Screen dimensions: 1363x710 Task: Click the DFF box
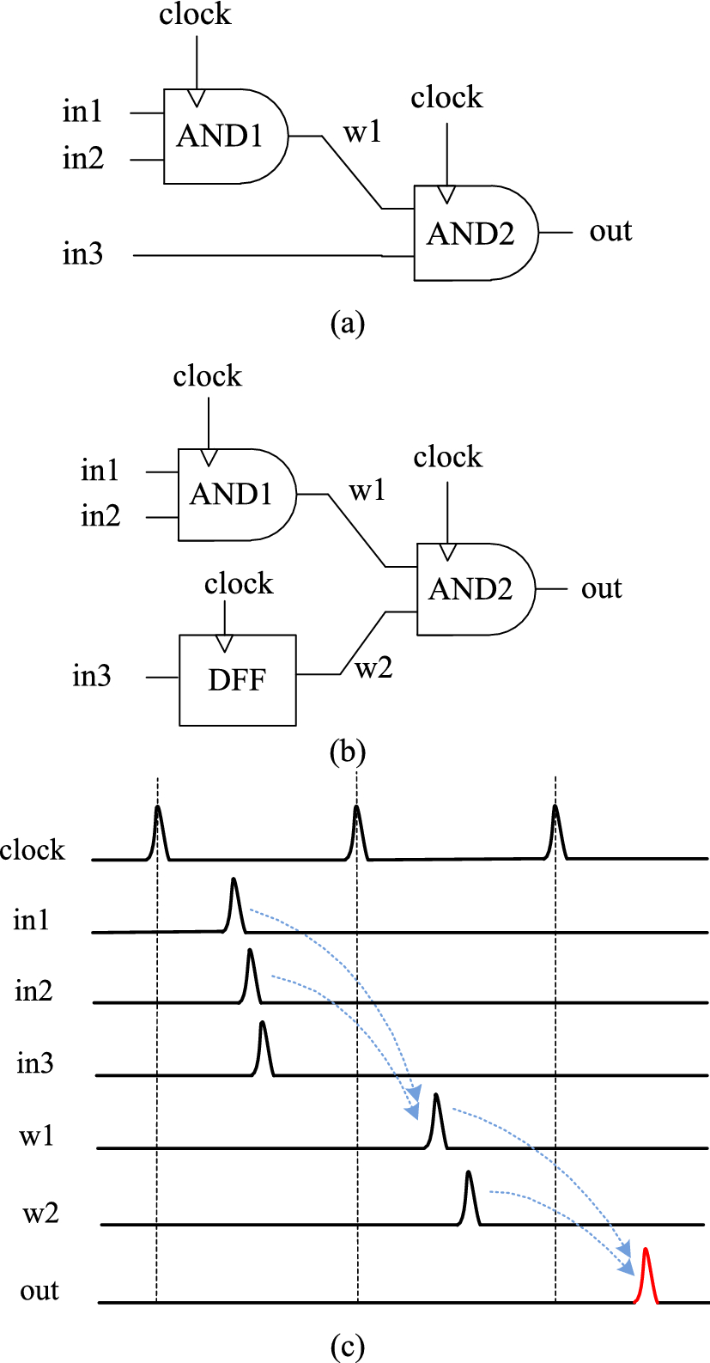pyautogui.click(x=237, y=680)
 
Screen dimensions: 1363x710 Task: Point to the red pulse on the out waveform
pyautogui.click(x=646, y=1276)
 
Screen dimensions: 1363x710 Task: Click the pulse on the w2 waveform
pyautogui.click(x=469, y=1199)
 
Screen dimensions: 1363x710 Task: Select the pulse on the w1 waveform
pyautogui.click(x=437, y=1122)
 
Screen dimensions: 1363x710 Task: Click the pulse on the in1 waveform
pyautogui.click(x=234, y=905)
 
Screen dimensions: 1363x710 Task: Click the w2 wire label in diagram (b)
pyautogui.click(x=373, y=668)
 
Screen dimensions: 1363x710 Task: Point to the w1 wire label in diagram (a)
pyautogui.click(x=361, y=132)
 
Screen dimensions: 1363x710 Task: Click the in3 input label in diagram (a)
pyautogui.click(x=83, y=254)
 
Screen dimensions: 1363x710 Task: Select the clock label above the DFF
pyautogui.click(x=239, y=584)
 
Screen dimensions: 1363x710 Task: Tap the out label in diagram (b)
pyautogui.click(x=601, y=589)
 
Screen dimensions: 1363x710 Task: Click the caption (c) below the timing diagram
pyautogui.click(x=348, y=1348)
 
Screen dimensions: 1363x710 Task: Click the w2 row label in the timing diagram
pyautogui.click(x=40, y=1214)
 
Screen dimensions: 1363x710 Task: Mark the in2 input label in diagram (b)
pyautogui.click(x=100, y=516)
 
